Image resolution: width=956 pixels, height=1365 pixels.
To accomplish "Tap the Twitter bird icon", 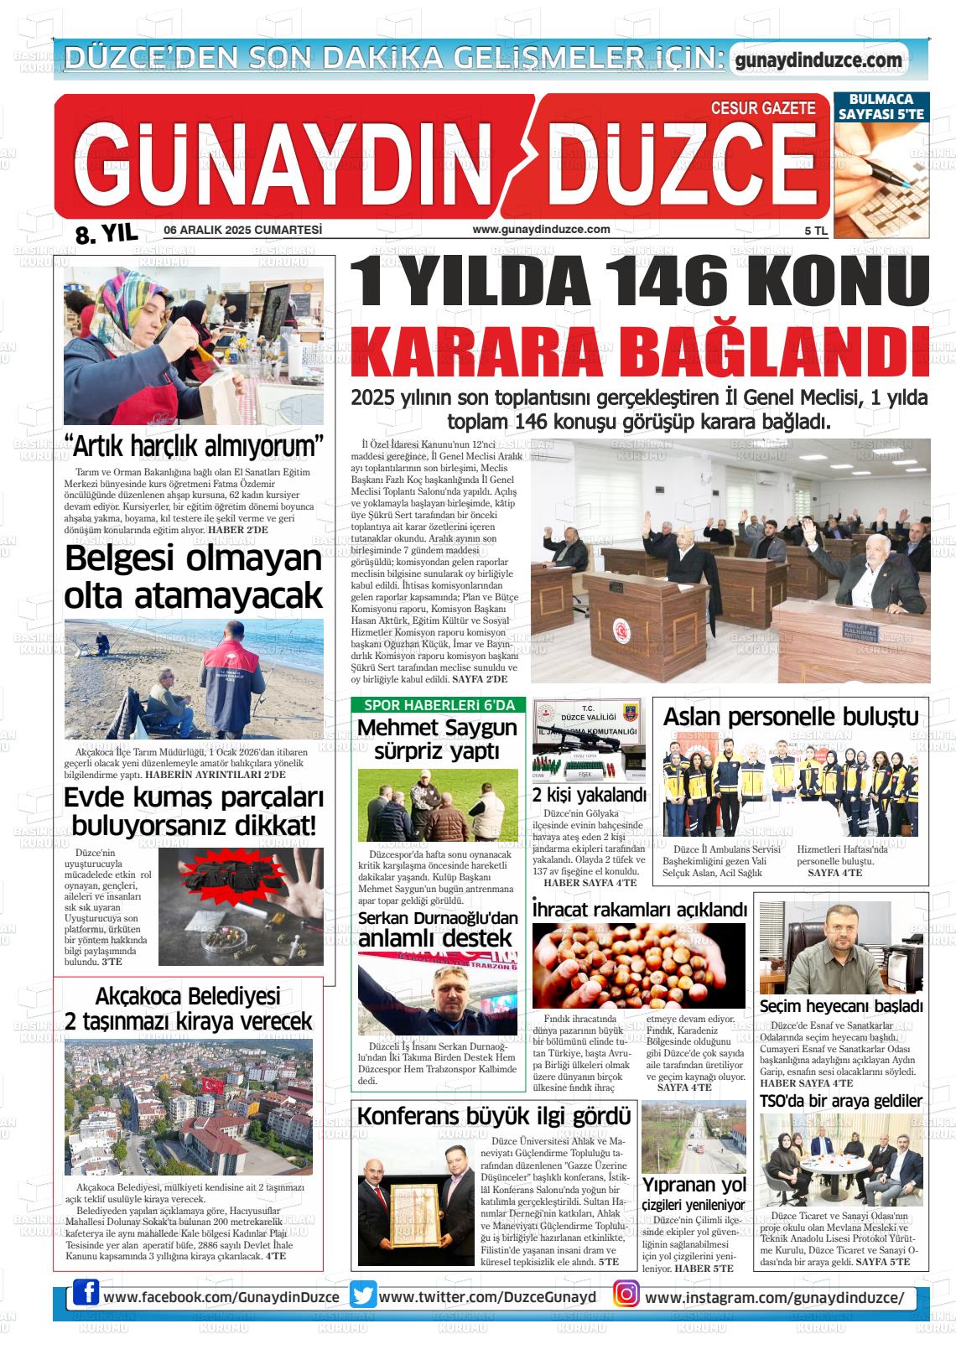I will pos(363,1295).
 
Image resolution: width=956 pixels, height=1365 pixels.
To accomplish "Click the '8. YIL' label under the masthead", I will pos(106,235).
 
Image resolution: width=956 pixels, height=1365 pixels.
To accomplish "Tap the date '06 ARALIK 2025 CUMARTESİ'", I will pos(243,230).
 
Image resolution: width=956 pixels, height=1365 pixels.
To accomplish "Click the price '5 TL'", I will pos(815,231).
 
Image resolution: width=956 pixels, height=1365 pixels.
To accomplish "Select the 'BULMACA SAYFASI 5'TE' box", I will pos(880,106).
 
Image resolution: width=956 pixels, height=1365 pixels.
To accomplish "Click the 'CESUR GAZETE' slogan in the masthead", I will pos(762,108).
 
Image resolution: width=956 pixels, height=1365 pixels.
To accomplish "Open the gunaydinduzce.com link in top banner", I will pos(818,60).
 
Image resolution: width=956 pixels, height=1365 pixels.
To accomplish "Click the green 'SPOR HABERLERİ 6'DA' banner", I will pos(439,705).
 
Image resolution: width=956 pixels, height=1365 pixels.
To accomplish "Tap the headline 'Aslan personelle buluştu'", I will pos(790,717).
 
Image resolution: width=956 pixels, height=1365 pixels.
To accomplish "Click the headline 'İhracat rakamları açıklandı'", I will pos(639,910).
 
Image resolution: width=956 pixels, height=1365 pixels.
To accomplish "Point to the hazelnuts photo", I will pos(638,967).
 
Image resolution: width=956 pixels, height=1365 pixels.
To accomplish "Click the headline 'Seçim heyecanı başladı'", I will pos(841,1005).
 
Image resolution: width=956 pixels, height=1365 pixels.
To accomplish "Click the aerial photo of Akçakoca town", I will pos(189,1106).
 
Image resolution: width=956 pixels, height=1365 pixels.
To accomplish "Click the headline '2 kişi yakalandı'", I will pos(589,795).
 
